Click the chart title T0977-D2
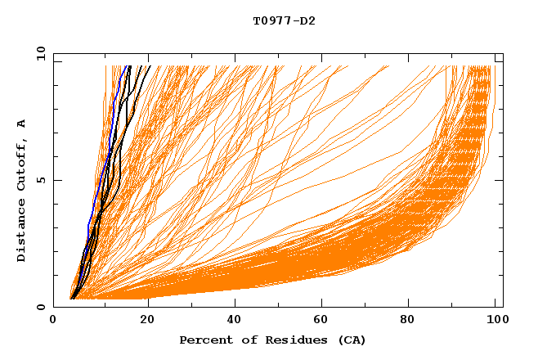pos(285,20)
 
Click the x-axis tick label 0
pos(53,321)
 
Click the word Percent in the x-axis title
pos(202,340)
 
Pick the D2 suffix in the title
pos(308,20)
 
